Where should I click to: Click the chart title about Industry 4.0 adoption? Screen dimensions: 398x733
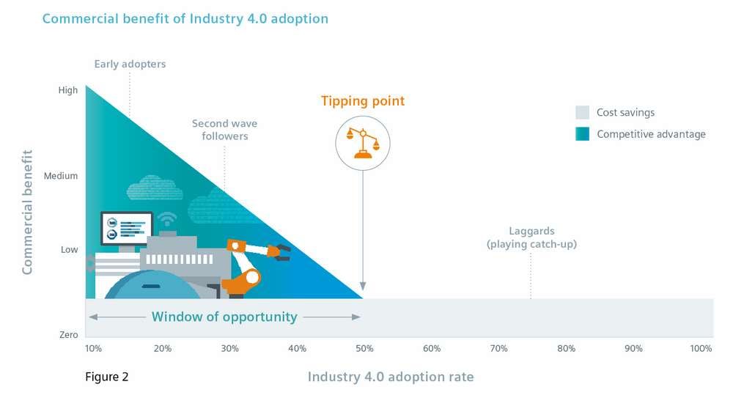185,18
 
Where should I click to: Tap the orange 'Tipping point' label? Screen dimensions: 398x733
362,100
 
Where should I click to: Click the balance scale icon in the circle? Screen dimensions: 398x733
362,142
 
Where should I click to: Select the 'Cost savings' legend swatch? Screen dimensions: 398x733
582,113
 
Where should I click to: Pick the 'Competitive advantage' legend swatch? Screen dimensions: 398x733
582,133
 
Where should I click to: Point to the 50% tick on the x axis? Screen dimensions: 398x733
364,348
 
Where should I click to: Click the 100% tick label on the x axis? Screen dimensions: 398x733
700,348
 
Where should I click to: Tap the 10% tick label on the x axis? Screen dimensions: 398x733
93,348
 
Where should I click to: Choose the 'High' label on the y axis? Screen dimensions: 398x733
67,90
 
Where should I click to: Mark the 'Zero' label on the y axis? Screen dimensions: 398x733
68,335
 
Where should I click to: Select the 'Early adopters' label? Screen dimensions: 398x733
130,64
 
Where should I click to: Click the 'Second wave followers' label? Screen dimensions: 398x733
224,130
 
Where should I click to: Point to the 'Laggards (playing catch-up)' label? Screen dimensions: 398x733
531,237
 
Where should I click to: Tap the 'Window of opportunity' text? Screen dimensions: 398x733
224,317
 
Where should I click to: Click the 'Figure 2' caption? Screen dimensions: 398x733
106,377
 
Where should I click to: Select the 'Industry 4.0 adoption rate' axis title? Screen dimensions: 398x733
390,377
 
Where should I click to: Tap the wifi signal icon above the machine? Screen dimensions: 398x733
167,218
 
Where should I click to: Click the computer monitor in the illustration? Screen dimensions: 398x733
126,228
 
